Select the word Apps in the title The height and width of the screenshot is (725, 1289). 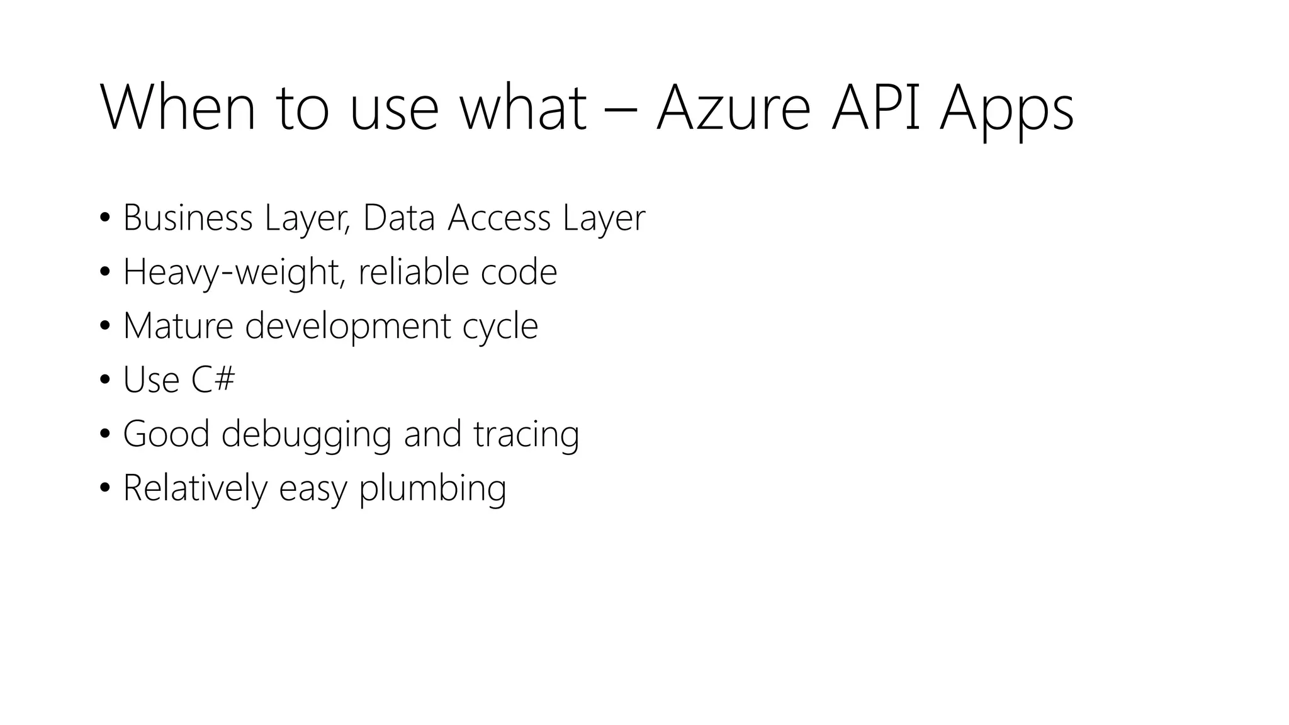(1006, 112)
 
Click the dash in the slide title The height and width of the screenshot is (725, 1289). (621, 113)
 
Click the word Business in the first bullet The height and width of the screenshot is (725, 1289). (188, 218)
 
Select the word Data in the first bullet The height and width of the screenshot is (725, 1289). (399, 218)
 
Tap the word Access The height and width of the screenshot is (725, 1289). (499, 218)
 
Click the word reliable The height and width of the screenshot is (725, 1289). (414, 272)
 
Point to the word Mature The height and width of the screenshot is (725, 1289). (178, 326)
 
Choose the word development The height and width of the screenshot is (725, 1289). (347, 327)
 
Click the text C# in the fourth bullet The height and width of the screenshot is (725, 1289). (213, 380)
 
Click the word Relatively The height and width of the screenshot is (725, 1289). (195, 489)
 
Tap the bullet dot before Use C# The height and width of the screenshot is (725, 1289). (105, 380)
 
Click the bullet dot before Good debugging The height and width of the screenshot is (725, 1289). (105, 434)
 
